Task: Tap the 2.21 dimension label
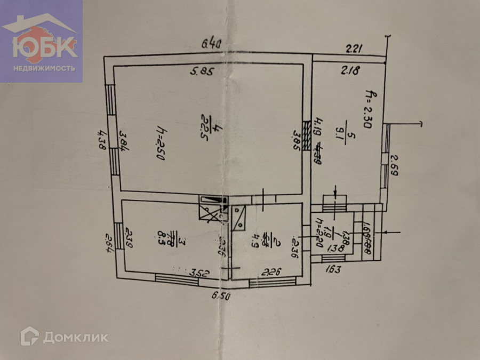coord(354,50)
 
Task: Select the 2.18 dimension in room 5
coord(350,69)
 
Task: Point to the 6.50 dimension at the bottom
coord(220,296)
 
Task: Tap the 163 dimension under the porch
coord(332,269)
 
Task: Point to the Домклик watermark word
coord(75,337)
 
